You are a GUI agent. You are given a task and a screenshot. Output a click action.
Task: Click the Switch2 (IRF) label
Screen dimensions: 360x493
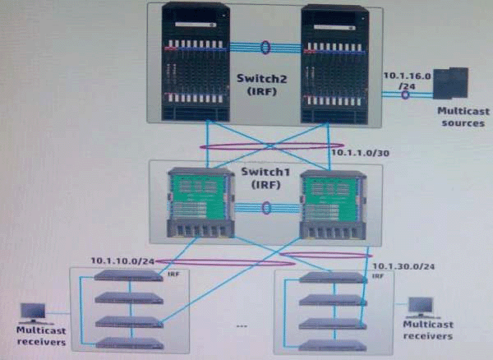265,85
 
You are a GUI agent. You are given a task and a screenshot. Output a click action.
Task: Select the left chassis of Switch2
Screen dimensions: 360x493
196,62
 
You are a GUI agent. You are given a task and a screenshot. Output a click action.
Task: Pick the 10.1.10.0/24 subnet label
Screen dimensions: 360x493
123,261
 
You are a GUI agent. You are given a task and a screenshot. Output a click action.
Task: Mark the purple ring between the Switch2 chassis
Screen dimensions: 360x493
265,47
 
